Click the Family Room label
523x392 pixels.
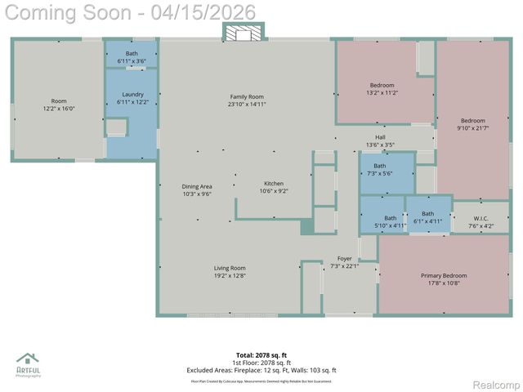click(247, 100)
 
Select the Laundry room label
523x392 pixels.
click(132, 99)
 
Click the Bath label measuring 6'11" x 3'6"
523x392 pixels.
click(132, 57)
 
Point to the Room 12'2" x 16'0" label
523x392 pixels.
click(59, 105)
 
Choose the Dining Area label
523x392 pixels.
click(197, 190)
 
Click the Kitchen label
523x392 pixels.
click(274, 187)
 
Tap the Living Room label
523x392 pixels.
click(230, 272)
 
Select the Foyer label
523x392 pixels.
click(345, 262)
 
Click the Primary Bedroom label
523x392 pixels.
click(444, 279)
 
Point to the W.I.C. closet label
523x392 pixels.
click(481, 221)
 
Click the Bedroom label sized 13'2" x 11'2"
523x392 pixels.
click(382, 89)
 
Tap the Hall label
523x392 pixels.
click(380, 140)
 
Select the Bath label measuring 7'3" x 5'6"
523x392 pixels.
click(380, 170)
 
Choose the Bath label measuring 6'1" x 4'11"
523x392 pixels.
click(427, 217)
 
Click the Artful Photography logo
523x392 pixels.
click(28, 365)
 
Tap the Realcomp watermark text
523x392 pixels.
click(496, 385)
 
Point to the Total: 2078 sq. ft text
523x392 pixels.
click(261, 355)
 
